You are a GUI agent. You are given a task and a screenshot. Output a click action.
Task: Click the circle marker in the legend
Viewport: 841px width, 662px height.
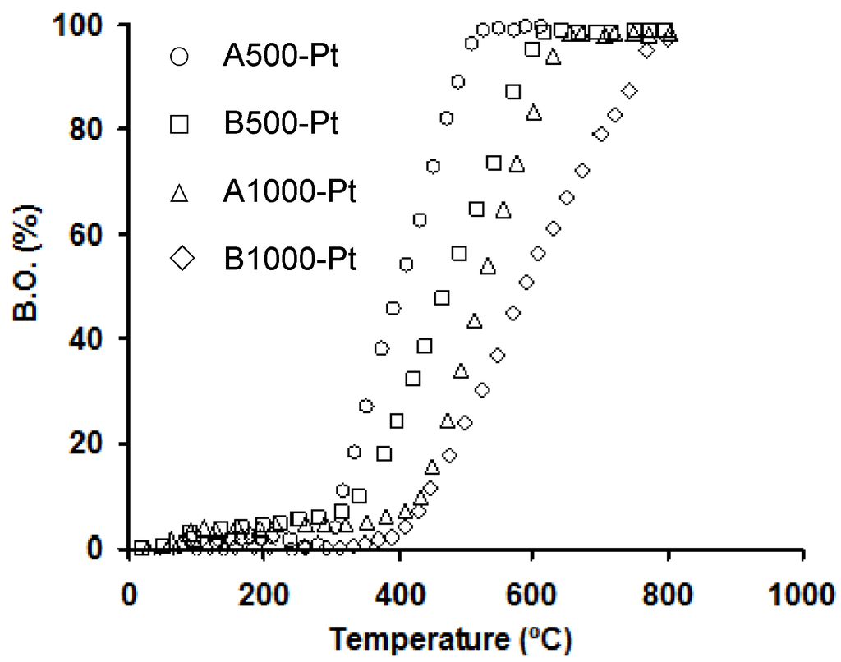click(x=179, y=58)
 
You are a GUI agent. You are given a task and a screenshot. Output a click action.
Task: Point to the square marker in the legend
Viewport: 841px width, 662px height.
click(x=179, y=126)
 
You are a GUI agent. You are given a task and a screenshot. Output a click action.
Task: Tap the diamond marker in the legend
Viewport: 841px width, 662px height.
click(x=179, y=260)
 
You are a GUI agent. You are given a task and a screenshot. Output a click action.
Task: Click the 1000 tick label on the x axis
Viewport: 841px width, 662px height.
click(x=802, y=593)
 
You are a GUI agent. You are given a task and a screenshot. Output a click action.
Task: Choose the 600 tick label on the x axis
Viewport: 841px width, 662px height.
click(x=532, y=593)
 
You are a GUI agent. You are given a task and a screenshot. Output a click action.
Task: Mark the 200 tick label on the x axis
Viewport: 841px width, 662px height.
click(x=264, y=593)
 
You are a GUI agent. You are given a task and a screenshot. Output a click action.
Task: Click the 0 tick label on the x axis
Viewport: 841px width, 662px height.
click(x=129, y=593)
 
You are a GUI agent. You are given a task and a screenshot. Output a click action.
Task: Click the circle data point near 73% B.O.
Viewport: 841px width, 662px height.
click(x=433, y=167)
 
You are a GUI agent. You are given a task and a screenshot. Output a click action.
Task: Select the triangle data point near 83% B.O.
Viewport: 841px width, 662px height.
click(x=535, y=112)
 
